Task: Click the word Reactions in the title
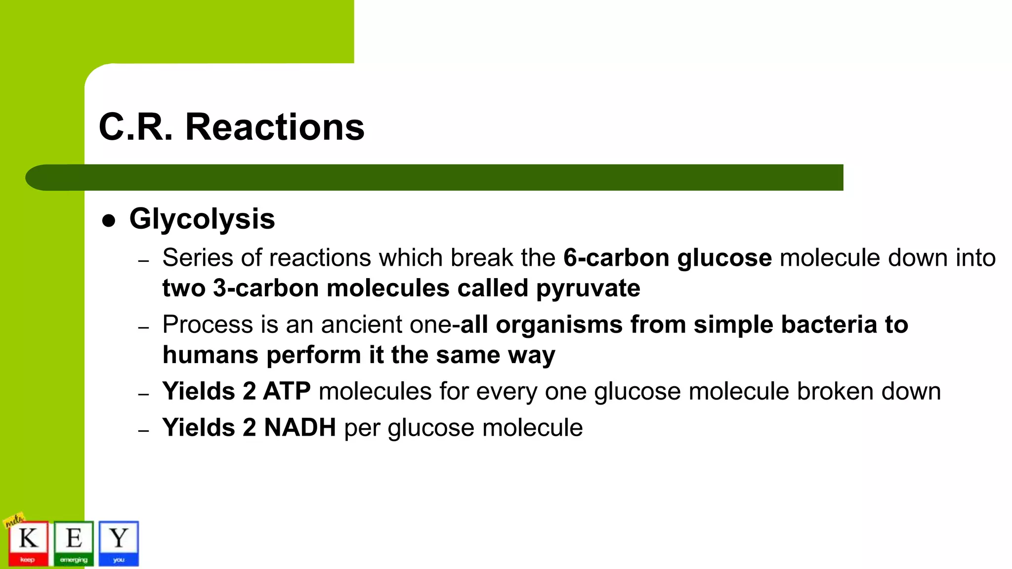[275, 127]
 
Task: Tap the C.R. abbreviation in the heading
[136, 127]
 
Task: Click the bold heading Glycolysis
[202, 219]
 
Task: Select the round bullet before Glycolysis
[108, 221]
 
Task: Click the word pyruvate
[588, 288]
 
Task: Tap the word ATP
[287, 391]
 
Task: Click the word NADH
[300, 428]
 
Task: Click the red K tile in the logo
[28, 543]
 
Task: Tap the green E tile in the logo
[74, 543]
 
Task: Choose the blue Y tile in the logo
[119, 543]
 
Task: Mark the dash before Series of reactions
[143, 261]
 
